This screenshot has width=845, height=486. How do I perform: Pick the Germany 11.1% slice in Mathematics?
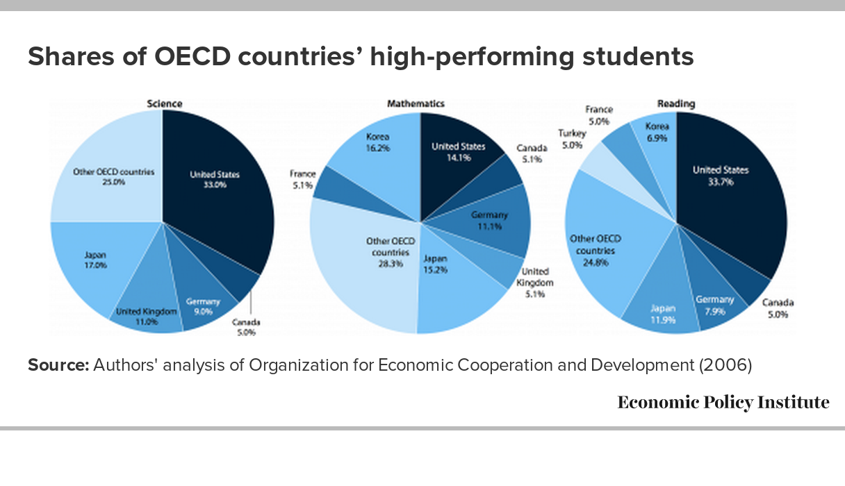click(490, 219)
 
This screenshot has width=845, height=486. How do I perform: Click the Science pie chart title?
click(164, 103)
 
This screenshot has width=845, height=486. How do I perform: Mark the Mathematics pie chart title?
click(415, 103)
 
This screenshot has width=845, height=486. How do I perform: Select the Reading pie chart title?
click(675, 103)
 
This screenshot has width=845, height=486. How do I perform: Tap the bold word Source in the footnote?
click(58, 365)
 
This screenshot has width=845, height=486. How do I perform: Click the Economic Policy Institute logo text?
click(723, 403)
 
